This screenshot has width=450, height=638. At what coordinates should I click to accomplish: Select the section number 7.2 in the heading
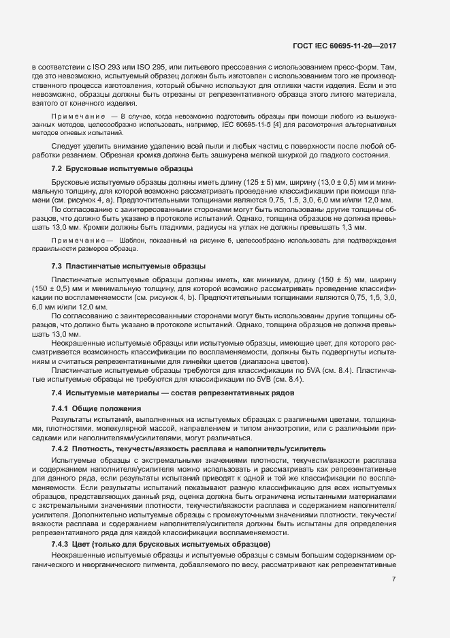click(x=58, y=168)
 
